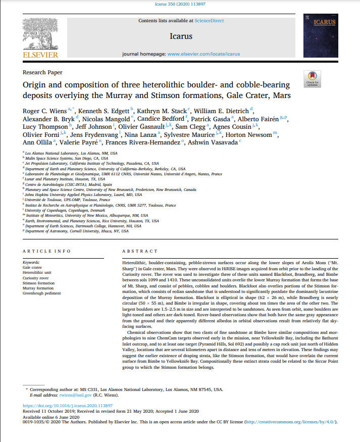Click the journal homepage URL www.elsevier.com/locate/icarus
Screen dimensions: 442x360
[x=203, y=54]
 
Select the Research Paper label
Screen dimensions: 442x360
[x=42, y=73]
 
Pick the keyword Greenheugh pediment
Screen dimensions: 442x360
[x=42, y=293]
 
